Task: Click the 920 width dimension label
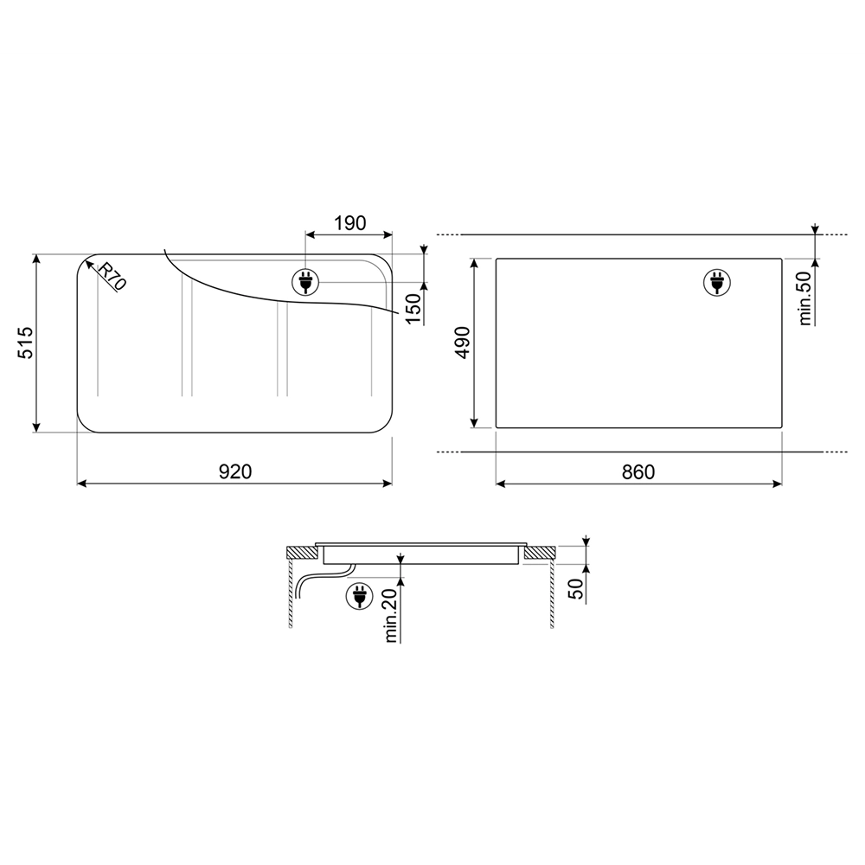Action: coord(235,471)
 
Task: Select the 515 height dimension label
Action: coord(27,343)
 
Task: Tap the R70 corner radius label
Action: coord(112,275)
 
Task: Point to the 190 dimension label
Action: coord(349,223)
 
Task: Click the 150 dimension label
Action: coord(413,309)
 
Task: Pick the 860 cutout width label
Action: coord(638,472)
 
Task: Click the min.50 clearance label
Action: coord(805,298)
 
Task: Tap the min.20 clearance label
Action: coord(391,616)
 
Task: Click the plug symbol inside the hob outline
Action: coord(305,283)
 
